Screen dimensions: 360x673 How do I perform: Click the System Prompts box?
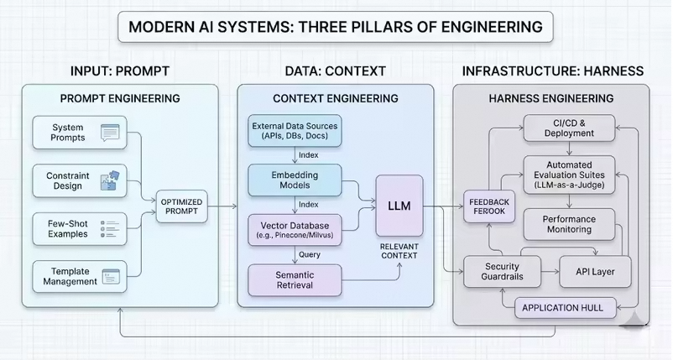coord(80,133)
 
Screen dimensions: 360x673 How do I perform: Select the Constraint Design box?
coord(80,180)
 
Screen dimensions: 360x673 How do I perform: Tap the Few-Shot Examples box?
coord(80,227)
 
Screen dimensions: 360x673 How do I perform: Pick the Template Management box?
coord(80,275)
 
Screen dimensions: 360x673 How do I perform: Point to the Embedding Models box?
coord(295,180)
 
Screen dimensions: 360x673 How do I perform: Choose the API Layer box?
coord(593,271)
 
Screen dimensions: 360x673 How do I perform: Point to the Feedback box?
coord(488,206)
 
